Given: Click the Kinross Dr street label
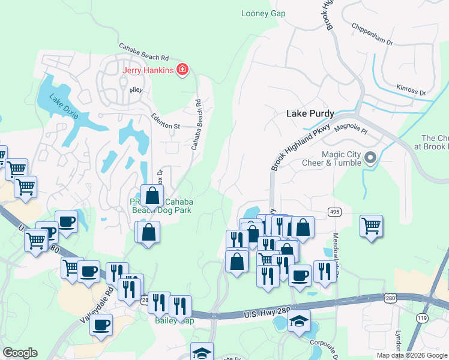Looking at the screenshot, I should click(x=411, y=89).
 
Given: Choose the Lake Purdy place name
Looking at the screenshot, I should click(x=310, y=113).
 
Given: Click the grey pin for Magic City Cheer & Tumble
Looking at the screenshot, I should click(x=370, y=159).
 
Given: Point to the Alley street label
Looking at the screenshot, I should click(x=136, y=91).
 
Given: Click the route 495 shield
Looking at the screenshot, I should click(x=335, y=212).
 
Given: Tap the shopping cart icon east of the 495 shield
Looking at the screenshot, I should click(x=371, y=226).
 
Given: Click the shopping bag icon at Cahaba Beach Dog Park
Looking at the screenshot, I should click(x=152, y=195).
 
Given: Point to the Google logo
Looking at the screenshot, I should click(x=20, y=353).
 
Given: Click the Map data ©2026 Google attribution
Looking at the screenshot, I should click(x=412, y=355).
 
